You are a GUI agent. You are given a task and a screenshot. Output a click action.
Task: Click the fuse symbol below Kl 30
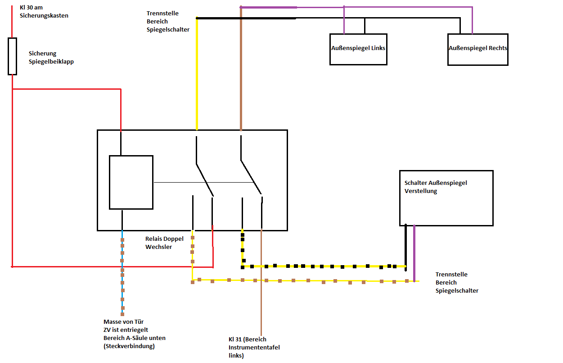pos(12,56)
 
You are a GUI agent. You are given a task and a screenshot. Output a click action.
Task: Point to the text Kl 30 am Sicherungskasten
pos(44,12)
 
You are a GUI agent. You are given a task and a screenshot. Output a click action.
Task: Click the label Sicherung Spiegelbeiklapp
pos(51,57)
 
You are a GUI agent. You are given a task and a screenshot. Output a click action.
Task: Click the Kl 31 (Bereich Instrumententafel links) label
pos(248,347)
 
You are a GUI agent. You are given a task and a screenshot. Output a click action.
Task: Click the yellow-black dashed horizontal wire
pos(324,266)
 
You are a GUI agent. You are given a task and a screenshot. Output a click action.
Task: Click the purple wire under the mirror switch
pos(414,253)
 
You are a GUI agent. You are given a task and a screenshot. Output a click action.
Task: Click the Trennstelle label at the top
pos(162,21)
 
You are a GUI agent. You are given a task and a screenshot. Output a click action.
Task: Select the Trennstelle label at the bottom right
pos(451,282)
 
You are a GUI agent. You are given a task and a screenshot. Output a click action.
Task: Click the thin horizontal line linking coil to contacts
pos(203,182)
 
